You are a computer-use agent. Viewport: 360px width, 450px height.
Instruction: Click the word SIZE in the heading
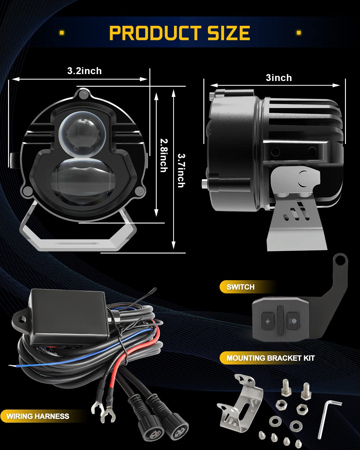(x=229, y=33)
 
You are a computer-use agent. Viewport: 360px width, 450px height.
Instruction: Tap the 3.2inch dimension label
(x=85, y=71)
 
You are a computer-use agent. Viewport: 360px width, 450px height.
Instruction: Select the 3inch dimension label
(x=279, y=78)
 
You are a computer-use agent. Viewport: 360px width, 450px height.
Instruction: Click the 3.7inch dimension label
(x=181, y=170)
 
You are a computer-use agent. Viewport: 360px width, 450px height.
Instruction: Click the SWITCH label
(x=241, y=287)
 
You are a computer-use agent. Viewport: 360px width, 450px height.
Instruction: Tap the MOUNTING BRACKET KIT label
(x=271, y=358)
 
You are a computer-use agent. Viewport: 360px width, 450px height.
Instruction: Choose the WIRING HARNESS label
(x=38, y=416)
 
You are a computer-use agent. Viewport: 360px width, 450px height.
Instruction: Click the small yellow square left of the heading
(x=62, y=33)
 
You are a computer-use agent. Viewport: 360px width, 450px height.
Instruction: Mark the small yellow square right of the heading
(x=299, y=33)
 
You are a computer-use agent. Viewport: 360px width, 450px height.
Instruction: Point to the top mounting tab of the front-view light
(x=83, y=94)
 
